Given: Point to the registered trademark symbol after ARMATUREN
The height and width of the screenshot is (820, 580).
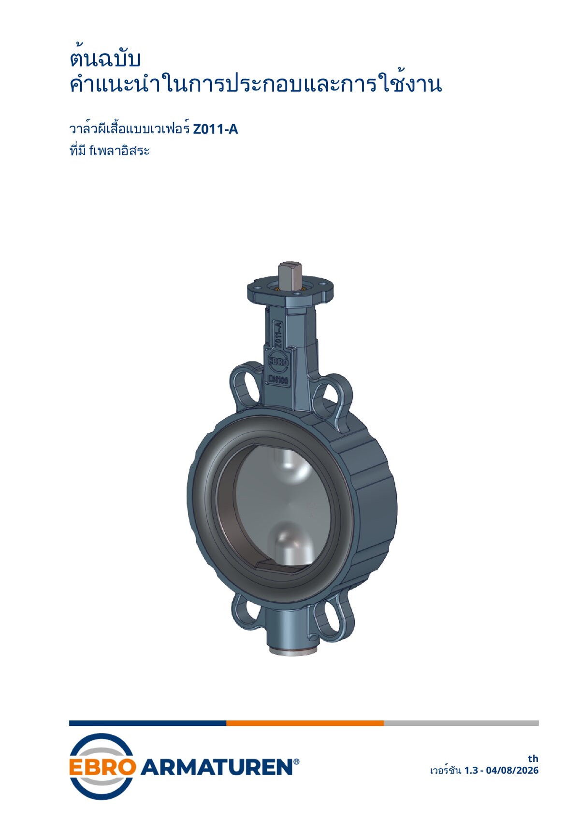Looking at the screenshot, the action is [296, 762].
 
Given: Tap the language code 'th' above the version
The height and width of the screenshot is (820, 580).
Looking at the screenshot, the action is [533, 758].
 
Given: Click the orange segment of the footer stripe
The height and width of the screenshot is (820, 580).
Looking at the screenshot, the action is [305, 723].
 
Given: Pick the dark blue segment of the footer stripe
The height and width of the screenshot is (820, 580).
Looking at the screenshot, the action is [147, 723].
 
